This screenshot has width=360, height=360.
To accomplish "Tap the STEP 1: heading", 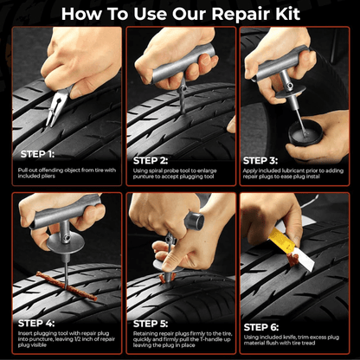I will [x=39, y=153].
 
